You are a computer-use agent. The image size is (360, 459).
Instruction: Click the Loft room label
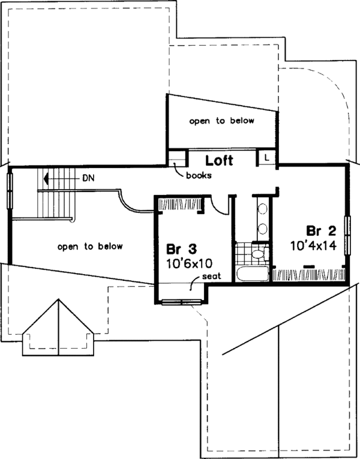(219, 161)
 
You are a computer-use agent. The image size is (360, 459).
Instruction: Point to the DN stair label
(88, 178)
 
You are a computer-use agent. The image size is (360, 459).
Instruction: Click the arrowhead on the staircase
(45, 178)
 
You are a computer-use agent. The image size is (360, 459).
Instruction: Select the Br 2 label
(320, 231)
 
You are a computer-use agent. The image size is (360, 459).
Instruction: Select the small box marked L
(266, 157)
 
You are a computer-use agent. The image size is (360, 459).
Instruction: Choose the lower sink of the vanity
(262, 229)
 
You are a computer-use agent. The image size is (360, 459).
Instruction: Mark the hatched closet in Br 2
(310, 275)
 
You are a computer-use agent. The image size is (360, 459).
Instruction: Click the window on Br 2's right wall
(347, 239)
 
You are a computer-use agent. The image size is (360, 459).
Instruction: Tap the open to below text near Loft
(221, 121)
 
